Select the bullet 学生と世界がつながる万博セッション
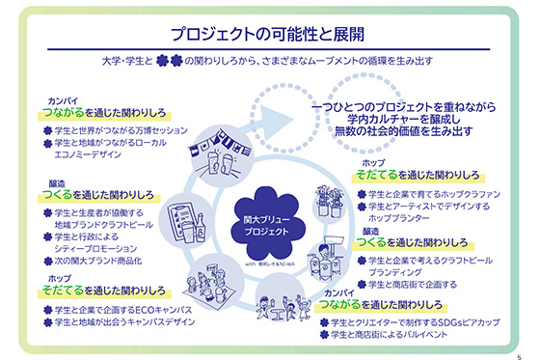point(102,130)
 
